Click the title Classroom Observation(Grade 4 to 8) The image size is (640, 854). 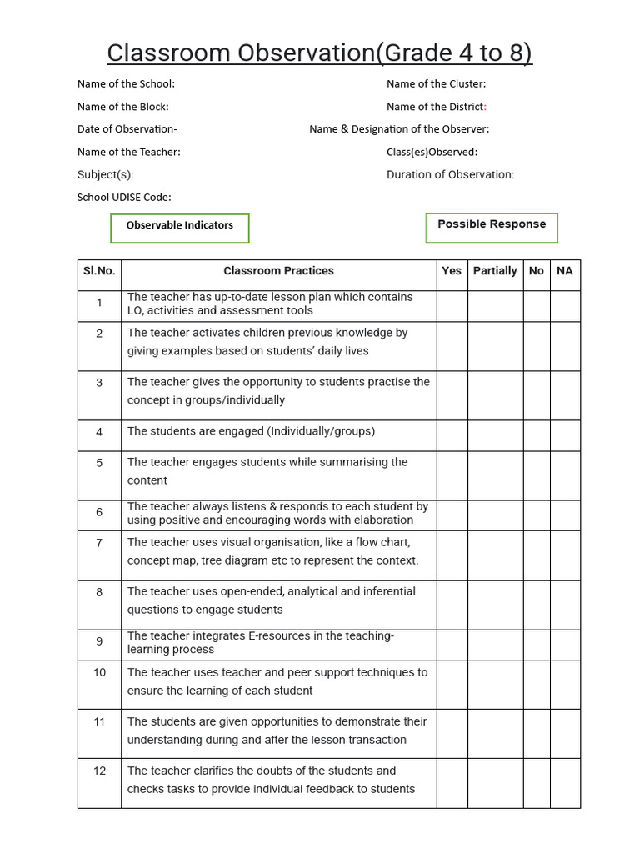(x=319, y=53)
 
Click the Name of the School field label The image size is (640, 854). (x=126, y=83)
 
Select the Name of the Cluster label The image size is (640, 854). (x=436, y=83)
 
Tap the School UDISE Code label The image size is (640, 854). (x=124, y=198)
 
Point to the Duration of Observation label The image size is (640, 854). (x=450, y=174)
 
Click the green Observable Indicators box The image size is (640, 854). (x=180, y=227)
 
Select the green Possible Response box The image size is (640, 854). (x=492, y=226)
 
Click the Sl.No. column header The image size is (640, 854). (x=99, y=271)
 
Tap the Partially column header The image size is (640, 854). (x=495, y=271)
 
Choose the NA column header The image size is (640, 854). (x=565, y=271)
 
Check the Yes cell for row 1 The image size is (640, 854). (x=452, y=305)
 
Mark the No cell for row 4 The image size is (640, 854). (x=537, y=435)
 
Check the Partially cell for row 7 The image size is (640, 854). (x=495, y=555)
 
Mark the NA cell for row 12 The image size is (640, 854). (x=565, y=782)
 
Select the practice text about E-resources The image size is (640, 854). (x=260, y=643)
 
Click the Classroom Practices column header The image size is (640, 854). (x=278, y=271)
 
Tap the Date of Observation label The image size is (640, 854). (x=127, y=129)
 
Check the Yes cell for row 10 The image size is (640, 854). (x=452, y=685)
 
